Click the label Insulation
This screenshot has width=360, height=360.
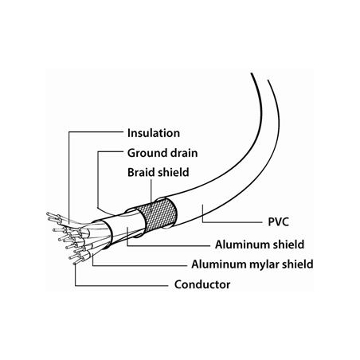tap(154, 133)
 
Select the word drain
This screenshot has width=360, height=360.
tap(184, 153)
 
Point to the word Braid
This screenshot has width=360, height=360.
tap(142, 172)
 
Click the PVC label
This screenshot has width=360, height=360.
tap(278, 222)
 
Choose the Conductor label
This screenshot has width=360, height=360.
tap(202, 284)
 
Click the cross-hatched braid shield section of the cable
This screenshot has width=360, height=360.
tap(158, 214)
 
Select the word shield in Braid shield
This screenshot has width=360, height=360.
tap(174, 172)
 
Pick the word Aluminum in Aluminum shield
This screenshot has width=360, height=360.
tap(241, 245)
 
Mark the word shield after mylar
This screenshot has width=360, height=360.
tap(298, 264)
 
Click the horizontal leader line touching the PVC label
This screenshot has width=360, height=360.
tap(233, 221)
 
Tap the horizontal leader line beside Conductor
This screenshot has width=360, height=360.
tap(122, 286)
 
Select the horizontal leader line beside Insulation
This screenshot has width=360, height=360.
tap(96, 132)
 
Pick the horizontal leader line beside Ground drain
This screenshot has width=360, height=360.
tap(111, 152)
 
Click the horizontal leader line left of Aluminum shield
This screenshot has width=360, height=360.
tap(169, 246)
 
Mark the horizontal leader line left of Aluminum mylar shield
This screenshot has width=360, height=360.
tap(139, 265)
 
